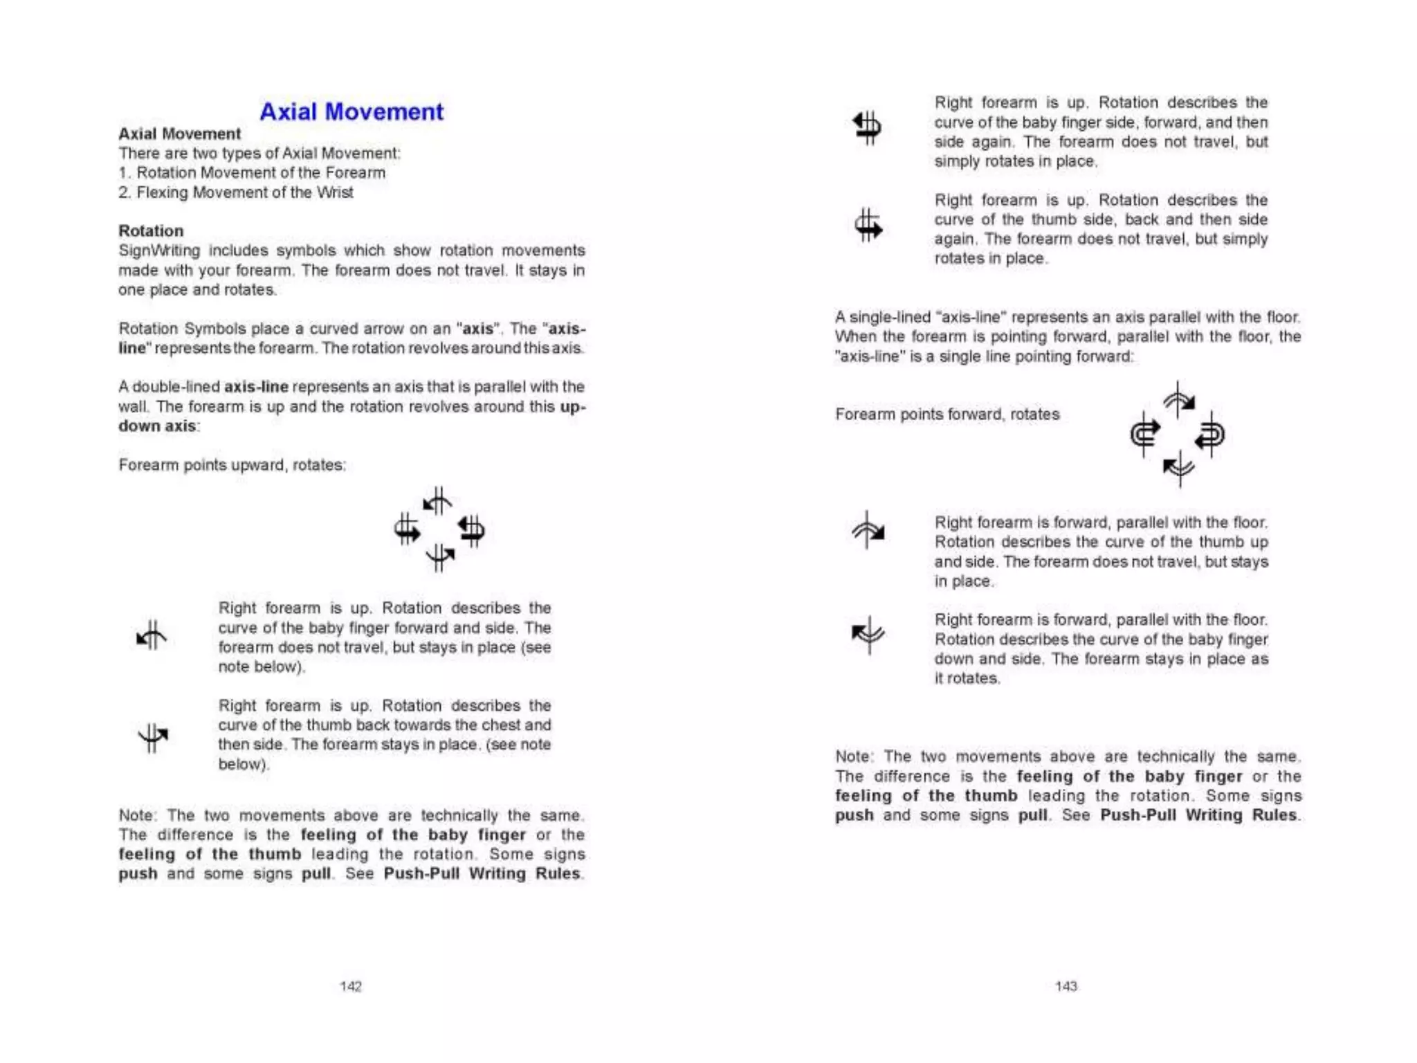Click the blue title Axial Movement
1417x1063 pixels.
351,111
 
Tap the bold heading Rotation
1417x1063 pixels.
151,230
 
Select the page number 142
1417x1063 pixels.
351,986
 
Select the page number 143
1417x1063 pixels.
1066,986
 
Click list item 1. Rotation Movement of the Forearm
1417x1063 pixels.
253,172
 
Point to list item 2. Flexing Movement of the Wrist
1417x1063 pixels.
236,192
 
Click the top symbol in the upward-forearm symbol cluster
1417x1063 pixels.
437,500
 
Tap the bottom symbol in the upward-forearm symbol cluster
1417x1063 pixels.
440,556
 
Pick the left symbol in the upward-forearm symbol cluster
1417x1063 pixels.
407,529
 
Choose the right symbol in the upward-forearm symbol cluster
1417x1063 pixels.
472,529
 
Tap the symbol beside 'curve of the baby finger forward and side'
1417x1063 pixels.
152,635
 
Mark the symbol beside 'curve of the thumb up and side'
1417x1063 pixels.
868,530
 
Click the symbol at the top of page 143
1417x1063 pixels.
867,127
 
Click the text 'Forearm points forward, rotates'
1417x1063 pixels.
947,414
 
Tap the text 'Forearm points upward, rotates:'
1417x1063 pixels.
232,464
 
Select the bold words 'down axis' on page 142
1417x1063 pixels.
157,426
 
